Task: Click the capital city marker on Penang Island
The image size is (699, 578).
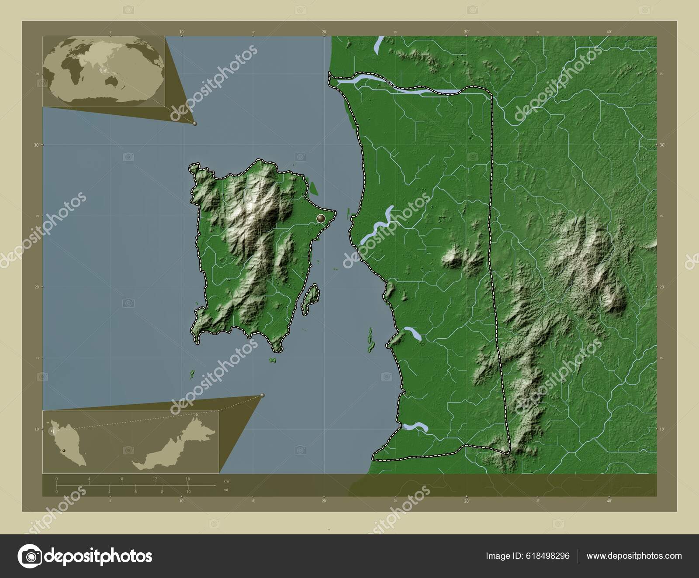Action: coord(321,217)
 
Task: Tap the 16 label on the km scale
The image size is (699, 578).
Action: coord(187,479)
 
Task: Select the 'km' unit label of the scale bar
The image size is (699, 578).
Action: coord(226,481)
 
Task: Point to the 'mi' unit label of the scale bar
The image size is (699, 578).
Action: coord(225,489)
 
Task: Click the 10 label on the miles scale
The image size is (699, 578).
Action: coord(188,492)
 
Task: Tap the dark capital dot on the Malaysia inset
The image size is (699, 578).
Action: coord(64,450)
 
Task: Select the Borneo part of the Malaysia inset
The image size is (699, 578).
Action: coord(175,450)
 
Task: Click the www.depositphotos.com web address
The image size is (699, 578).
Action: coord(634,556)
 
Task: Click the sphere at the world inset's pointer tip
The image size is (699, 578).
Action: coord(195,124)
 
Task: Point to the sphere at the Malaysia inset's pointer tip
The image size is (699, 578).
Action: coord(263,395)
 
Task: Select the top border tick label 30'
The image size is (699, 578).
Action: coord(467,31)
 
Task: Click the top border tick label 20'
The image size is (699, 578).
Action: coord(324,31)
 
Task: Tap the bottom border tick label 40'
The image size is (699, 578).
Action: coord(609,501)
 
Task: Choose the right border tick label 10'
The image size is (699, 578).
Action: coord(662,430)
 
